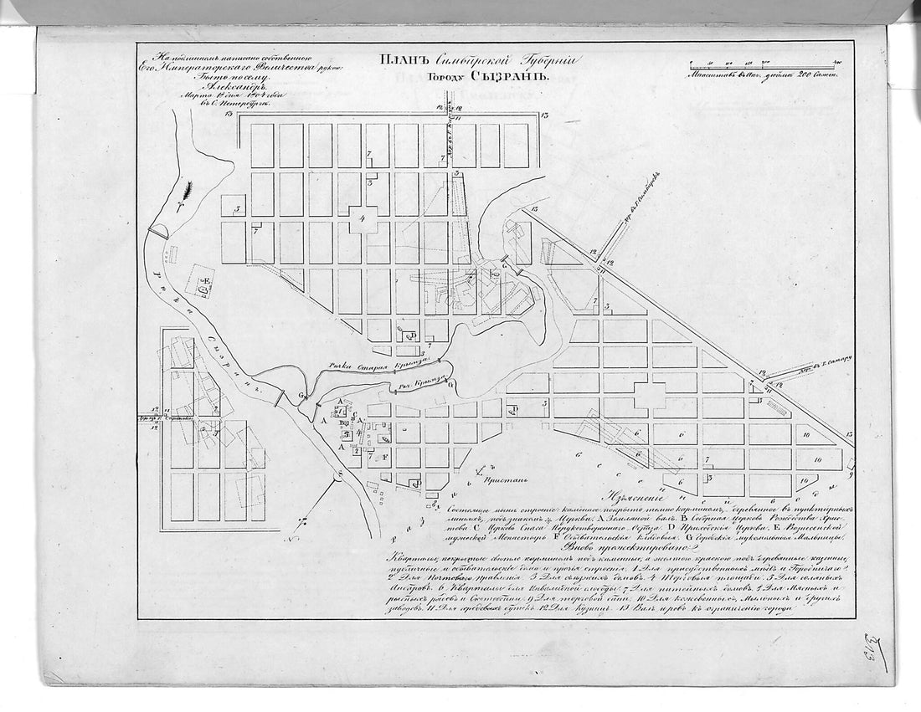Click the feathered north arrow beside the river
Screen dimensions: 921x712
pos(184,194)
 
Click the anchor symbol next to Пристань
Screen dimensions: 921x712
pos(478,474)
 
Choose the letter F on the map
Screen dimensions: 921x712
pos(384,457)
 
